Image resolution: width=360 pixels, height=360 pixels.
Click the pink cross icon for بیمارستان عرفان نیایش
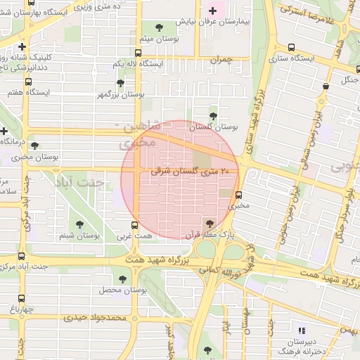point(213,11)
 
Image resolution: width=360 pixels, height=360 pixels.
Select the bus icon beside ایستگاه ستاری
point(292,48)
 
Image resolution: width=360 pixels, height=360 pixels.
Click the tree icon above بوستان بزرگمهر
point(121,83)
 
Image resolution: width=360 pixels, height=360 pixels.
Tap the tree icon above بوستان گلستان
point(213,116)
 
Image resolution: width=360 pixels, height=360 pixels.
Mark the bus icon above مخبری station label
point(239,195)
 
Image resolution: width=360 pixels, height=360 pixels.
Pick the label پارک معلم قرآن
point(210,234)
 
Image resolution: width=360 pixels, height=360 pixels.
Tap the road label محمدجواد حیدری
point(94,317)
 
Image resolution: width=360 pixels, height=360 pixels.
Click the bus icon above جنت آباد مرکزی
point(21,257)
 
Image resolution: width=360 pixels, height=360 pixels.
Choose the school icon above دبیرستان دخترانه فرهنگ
point(302,330)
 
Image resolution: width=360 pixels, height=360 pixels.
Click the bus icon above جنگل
point(326,86)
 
